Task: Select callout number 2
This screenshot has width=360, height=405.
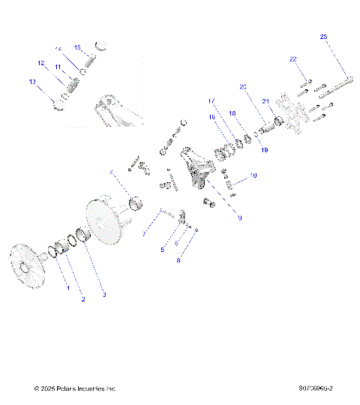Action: coord(83,299)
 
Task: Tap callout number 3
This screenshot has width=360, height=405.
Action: coord(104,295)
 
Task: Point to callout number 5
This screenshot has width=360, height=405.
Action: coord(161,250)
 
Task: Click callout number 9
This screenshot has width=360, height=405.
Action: coord(238,218)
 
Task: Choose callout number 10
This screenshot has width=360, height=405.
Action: coord(253,175)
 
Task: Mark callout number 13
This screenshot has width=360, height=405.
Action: coord(31,81)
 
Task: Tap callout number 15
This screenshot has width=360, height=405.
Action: coord(76,47)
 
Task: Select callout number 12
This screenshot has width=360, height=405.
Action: coord(42,63)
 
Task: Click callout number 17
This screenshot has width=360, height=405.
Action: coord(211,100)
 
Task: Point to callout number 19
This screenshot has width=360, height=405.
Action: coord(263,150)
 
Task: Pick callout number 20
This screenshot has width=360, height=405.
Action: coord(242,86)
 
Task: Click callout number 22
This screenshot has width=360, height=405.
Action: coord(293,58)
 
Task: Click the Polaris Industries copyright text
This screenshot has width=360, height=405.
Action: coord(75,388)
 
